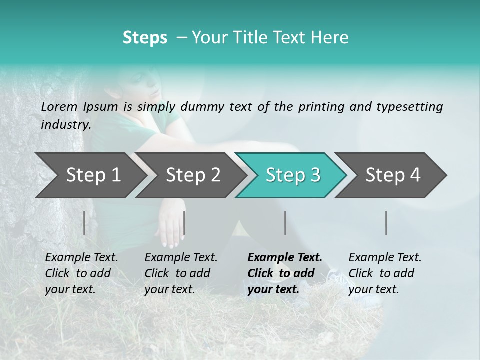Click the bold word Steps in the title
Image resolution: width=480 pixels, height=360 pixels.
pyautogui.click(x=145, y=37)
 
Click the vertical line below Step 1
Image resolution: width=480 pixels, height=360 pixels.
pyautogui.click(x=84, y=223)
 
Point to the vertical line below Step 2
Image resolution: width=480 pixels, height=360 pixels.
pyautogui.click(x=184, y=223)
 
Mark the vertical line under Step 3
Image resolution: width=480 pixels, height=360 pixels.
pyautogui.click(x=285, y=223)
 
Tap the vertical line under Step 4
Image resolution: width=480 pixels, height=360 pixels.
pyautogui.click(x=386, y=223)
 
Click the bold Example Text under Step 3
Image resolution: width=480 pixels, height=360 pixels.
pyautogui.click(x=285, y=258)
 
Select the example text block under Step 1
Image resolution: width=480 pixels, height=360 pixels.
pyautogui.click(x=81, y=273)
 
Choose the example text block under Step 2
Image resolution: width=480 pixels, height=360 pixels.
pyautogui.click(x=181, y=273)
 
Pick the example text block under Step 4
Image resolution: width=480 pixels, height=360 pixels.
pyautogui.click(x=385, y=273)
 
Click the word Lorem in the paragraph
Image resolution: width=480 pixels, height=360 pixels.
pyautogui.click(x=59, y=106)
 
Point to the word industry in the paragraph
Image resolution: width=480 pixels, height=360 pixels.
pyautogui.click(x=65, y=124)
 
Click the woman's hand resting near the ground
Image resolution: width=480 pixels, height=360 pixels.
pyautogui.click(x=170, y=227)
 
